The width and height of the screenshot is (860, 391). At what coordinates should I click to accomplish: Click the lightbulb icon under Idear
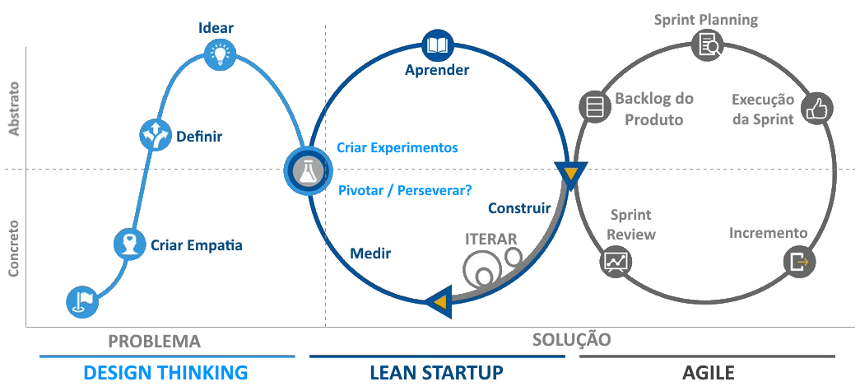click(220, 54)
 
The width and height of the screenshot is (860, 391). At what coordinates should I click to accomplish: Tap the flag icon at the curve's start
click(83, 301)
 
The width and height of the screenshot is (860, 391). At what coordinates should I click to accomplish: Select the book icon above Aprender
click(437, 44)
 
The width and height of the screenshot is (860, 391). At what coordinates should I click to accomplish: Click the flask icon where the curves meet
click(309, 170)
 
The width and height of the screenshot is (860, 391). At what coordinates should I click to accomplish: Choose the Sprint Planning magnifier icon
click(707, 45)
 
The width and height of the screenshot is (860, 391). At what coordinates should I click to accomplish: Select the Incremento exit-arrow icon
click(800, 262)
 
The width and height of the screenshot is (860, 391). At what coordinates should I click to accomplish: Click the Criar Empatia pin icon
click(129, 244)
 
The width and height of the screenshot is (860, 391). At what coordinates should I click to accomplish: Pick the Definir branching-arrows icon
click(156, 134)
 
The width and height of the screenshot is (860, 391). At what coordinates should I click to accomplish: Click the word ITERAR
click(490, 240)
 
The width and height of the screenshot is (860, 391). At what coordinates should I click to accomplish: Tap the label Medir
click(370, 254)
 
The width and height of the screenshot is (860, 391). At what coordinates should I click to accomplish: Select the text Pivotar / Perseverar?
click(406, 190)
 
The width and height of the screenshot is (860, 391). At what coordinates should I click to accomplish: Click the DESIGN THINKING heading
click(165, 373)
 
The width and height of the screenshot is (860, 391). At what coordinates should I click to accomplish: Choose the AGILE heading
click(708, 373)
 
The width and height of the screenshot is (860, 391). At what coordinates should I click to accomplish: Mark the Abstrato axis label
click(13, 109)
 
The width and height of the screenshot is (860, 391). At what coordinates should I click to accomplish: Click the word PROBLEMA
click(154, 341)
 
